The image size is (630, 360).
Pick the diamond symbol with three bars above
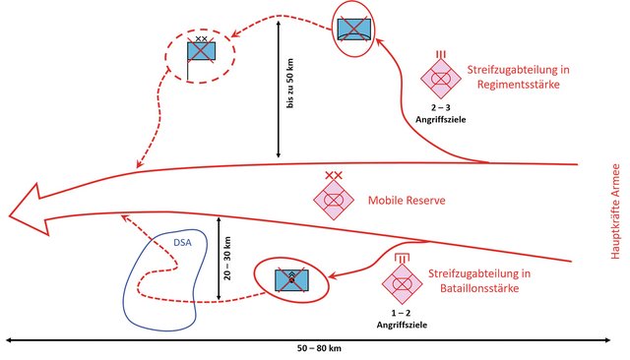[x=440, y=75]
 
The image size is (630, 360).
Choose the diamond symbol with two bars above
[x=401, y=281]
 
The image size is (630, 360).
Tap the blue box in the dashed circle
[x=201, y=53]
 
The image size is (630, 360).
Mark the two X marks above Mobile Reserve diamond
[x=334, y=175]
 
